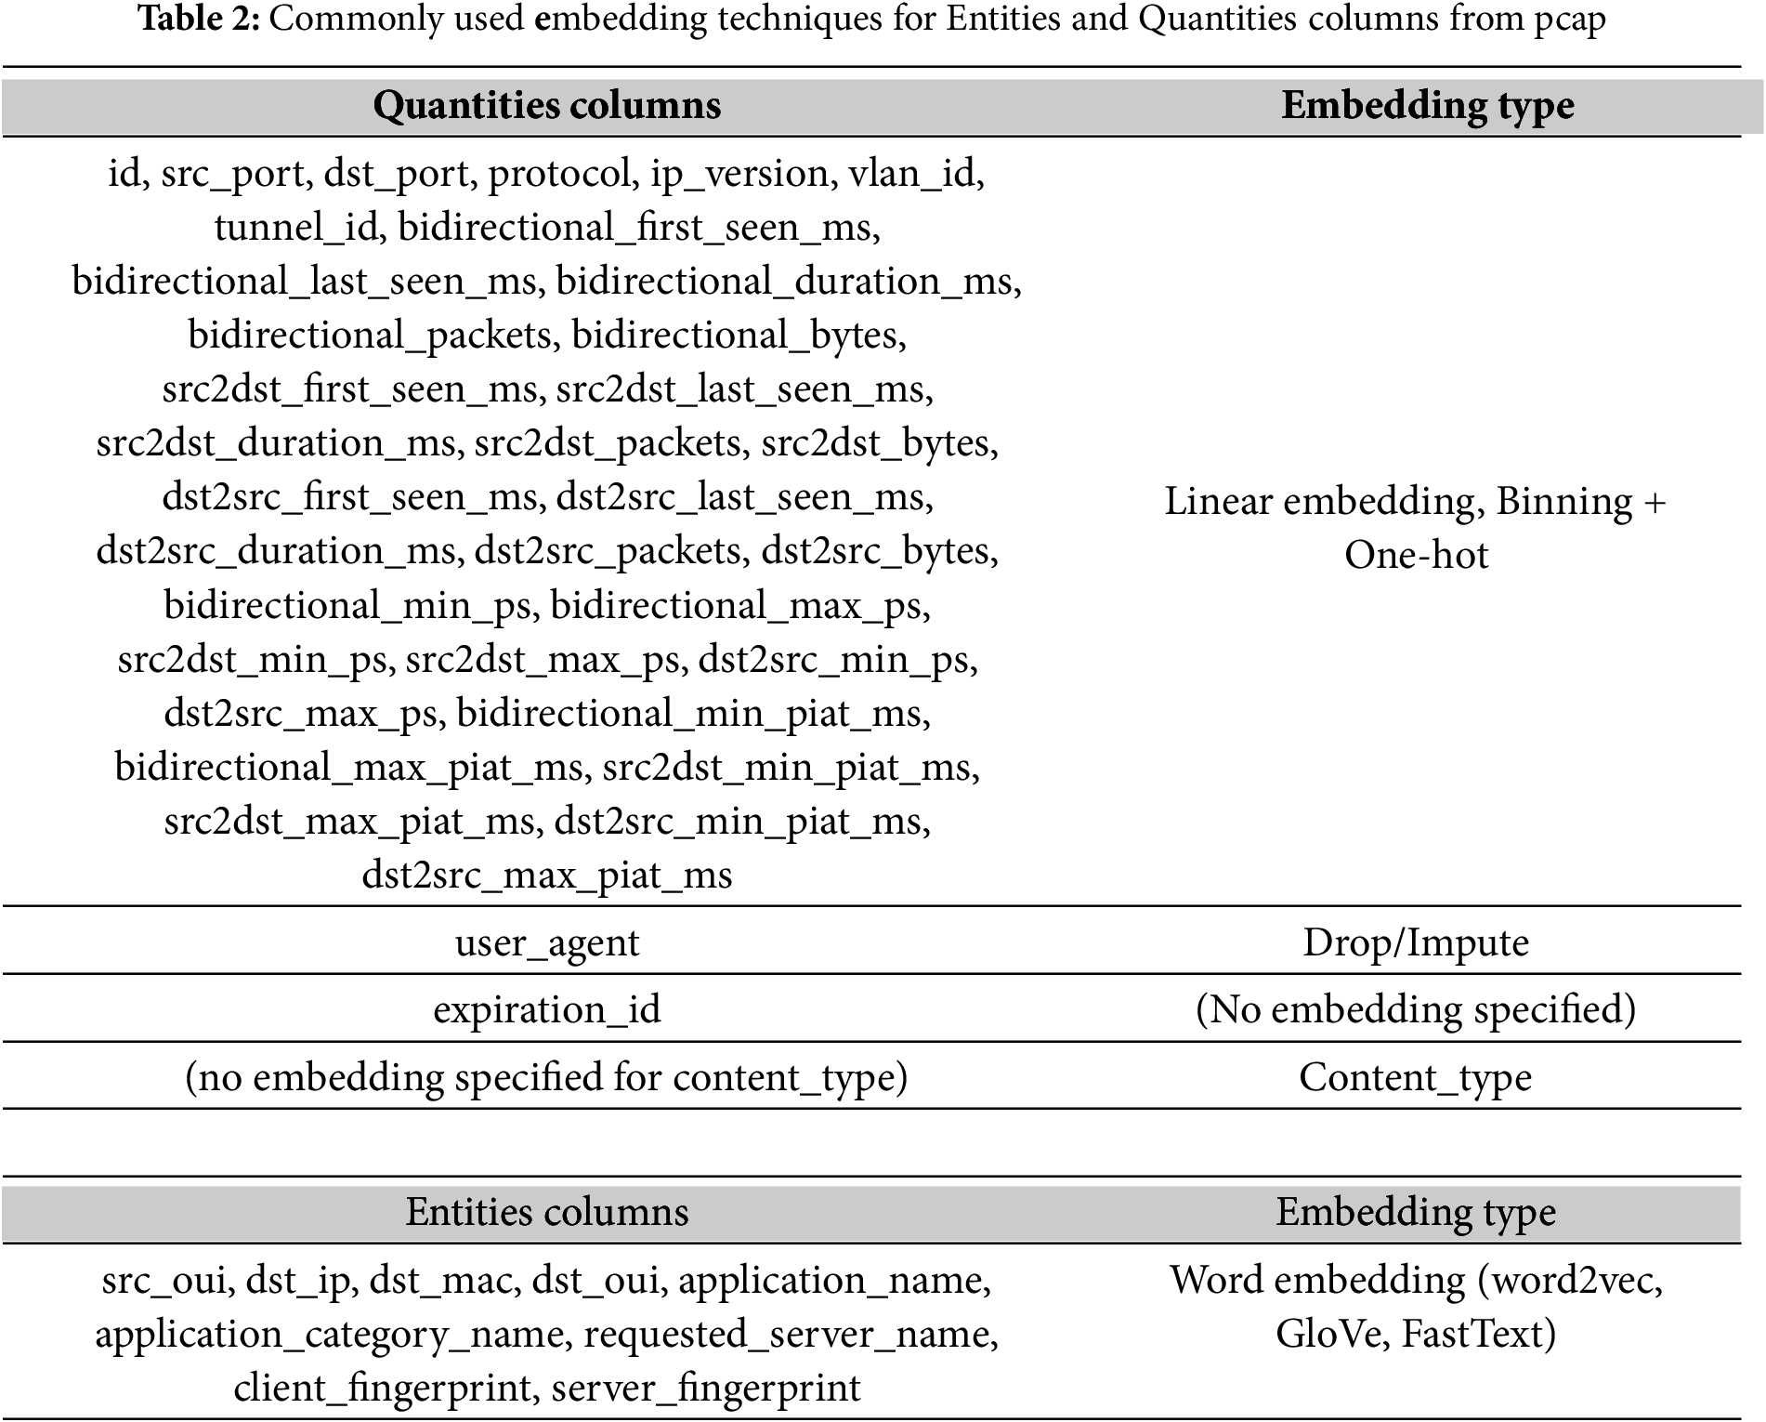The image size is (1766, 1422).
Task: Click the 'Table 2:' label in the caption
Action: point(200,19)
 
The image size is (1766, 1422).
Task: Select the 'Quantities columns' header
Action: point(546,105)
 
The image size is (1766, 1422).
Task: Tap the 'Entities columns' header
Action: point(546,1212)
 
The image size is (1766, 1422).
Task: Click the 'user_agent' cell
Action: point(546,942)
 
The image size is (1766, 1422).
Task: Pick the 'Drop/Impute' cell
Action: point(1415,942)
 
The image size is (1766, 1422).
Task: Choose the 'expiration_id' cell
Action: point(546,1009)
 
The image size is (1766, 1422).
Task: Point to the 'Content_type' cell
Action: point(1415,1077)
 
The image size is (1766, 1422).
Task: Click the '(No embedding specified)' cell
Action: point(1415,1009)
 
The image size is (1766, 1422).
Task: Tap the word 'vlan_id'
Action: point(914,174)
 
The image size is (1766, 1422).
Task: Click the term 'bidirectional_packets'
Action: point(370,336)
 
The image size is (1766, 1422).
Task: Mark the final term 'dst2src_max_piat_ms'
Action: point(546,876)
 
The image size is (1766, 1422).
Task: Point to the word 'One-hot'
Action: point(1416,556)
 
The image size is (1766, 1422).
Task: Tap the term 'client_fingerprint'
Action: point(381,1389)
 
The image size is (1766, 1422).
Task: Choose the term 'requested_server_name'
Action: point(790,1335)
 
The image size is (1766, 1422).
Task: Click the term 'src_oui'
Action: point(164,1281)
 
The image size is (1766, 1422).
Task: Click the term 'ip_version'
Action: point(739,174)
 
